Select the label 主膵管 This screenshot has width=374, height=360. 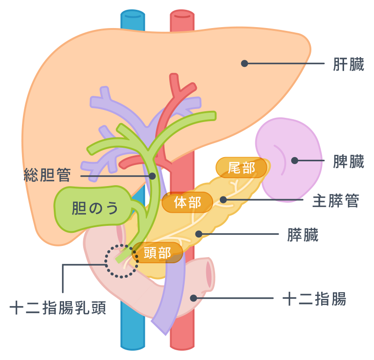(336, 201)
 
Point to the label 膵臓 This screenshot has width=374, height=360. (303, 235)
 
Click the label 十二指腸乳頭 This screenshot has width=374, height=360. (58, 309)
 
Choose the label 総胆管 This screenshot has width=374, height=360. (47, 176)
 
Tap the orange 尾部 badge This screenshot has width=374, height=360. (241, 167)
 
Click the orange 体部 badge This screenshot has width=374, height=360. (187, 202)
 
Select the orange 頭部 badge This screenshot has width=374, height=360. (157, 253)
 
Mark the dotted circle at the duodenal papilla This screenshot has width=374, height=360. (121, 261)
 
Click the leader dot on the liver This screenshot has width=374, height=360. (244, 63)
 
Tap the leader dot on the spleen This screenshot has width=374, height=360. (295, 160)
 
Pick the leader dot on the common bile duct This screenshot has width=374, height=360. (152, 176)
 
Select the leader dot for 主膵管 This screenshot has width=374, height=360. (223, 200)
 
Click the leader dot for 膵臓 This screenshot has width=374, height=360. (199, 233)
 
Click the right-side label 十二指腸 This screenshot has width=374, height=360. (315, 299)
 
